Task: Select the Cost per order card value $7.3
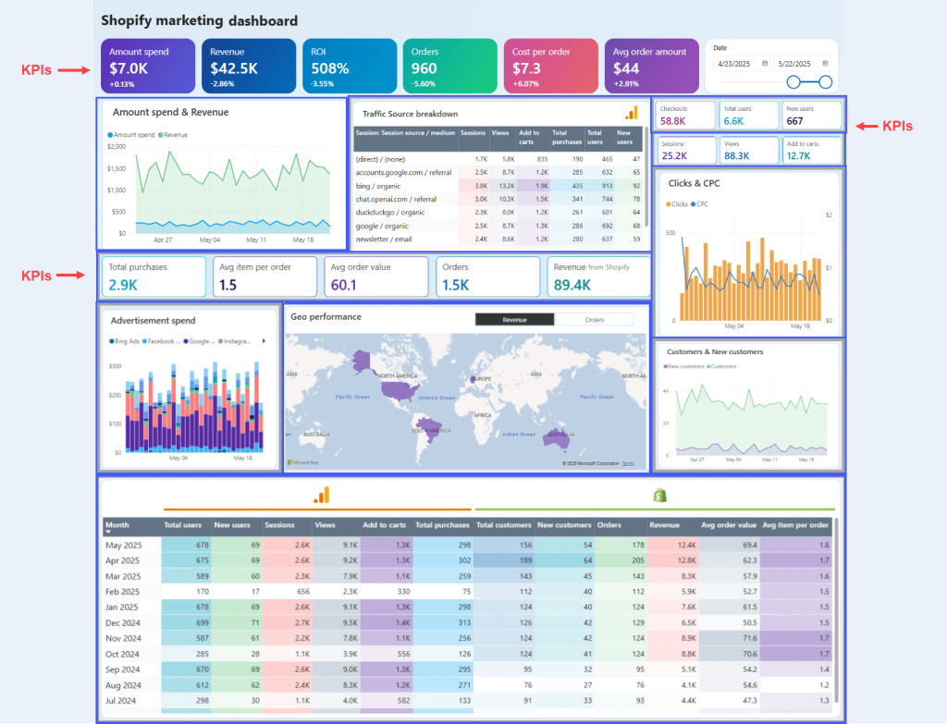click(x=526, y=68)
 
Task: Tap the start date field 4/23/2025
click(x=737, y=64)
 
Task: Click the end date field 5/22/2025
click(x=798, y=64)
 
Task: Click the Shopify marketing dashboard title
click(x=199, y=20)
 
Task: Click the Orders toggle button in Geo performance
click(x=594, y=319)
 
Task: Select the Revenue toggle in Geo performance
click(x=514, y=319)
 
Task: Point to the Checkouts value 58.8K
click(x=672, y=121)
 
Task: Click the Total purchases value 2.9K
click(x=124, y=284)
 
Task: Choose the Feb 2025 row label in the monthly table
click(x=123, y=592)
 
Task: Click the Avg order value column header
click(x=728, y=525)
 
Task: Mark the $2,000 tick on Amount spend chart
click(x=117, y=147)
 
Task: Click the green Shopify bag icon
click(x=660, y=496)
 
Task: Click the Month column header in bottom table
click(x=117, y=525)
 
